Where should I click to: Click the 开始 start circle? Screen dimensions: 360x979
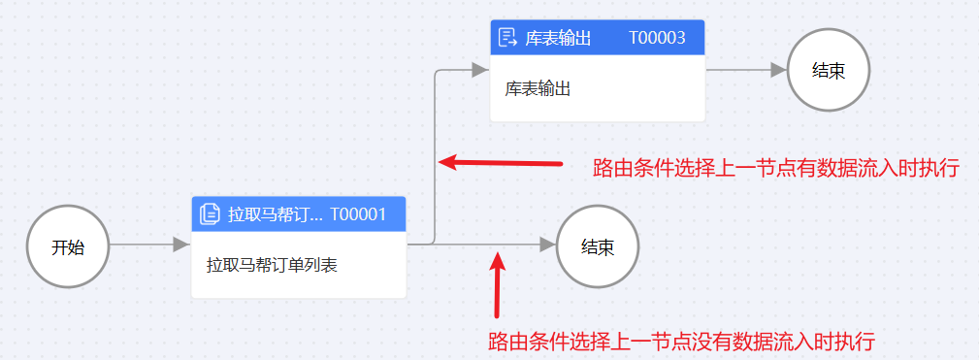[x=68, y=246]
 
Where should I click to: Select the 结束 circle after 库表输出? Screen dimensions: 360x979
[x=828, y=70]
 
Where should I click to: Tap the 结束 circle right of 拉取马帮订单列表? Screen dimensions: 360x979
[x=598, y=246]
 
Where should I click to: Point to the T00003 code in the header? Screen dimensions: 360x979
[x=657, y=38]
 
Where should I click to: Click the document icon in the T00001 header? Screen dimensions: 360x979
[x=209, y=214]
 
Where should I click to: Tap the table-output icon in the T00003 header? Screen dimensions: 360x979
[x=507, y=38]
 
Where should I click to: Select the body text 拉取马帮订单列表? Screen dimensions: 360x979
[x=272, y=264]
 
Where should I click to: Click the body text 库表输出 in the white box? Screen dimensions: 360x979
[x=537, y=88]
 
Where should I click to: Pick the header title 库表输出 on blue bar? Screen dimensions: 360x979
[x=558, y=38]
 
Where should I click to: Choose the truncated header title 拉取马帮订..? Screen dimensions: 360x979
[x=274, y=214]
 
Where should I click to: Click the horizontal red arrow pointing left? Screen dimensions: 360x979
[x=500, y=162]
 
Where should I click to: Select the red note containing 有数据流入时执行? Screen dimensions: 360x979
[x=775, y=168]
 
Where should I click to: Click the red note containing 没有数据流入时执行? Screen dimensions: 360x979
[x=681, y=342]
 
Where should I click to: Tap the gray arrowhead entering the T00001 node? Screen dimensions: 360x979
[x=180, y=245]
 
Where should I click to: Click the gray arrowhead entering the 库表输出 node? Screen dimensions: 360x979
[x=479, y=70]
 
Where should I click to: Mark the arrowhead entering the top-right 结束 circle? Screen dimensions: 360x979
[x=777, y=70]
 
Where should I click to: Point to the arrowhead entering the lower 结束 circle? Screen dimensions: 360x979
[x=547, y=245]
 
